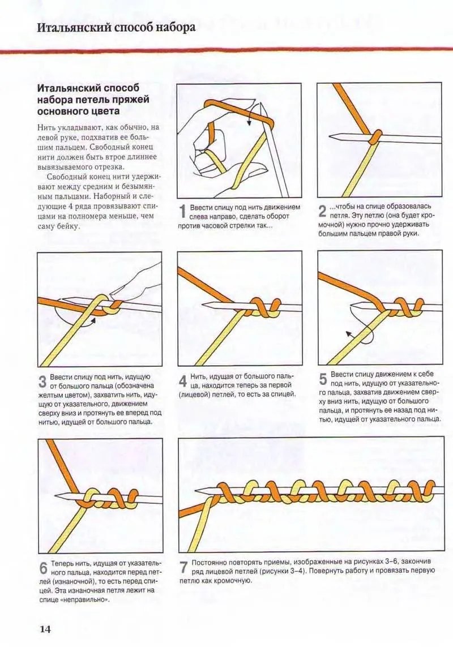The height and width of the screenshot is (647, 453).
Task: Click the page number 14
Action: tap(45, 629)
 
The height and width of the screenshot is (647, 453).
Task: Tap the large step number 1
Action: tap(182, 212)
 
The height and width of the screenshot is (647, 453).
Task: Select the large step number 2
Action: tap(323, 212)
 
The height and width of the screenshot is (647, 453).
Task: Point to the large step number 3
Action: tap(42, 382)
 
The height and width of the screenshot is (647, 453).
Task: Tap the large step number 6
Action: tap(44, 568)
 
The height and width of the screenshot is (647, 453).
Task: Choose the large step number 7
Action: tap(184, 567)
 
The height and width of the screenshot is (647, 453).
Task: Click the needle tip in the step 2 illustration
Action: tap(329, 136)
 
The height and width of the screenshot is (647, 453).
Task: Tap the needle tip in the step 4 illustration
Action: tap(203, 305)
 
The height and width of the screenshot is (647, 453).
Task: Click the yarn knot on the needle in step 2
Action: tap(375, 137)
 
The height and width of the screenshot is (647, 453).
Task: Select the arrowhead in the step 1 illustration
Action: tap(250, 123)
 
